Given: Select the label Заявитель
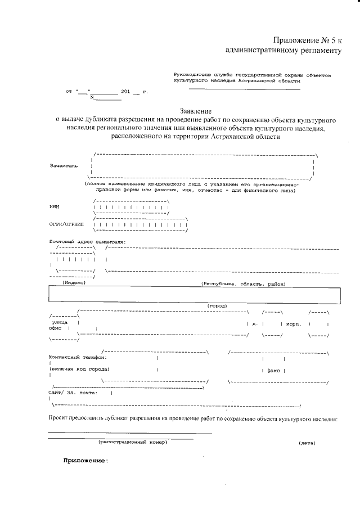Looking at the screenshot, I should click(64, 166).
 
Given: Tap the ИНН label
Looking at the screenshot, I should click(54, 207).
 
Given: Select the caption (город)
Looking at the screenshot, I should click(217, 305).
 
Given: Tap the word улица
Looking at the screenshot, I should click(60, 323).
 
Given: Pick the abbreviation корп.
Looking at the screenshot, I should click(294, 324).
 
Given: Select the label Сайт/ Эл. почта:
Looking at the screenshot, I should click(73, 393).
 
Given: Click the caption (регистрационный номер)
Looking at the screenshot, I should click(133, 442).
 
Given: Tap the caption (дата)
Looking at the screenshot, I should click(307, 443).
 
